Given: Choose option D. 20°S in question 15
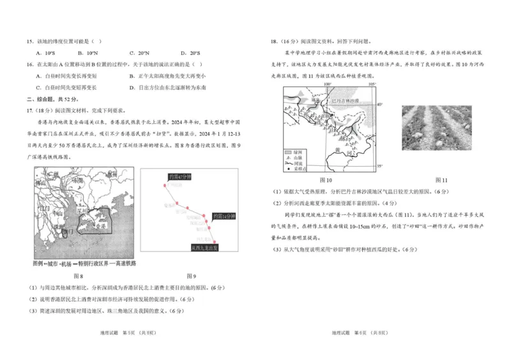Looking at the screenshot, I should [x=190, y=53].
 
